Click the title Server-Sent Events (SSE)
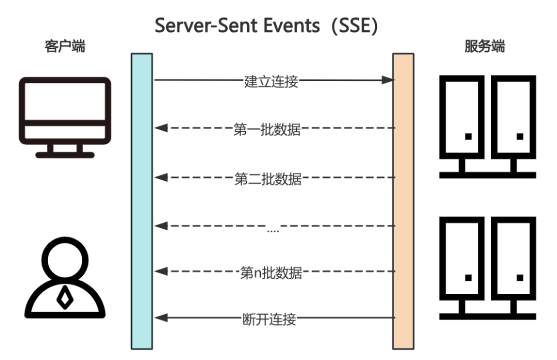(267, 26)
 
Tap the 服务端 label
(484, 47)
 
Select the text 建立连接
(271, 81)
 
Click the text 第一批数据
(267, 129)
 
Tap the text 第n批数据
(271, 272)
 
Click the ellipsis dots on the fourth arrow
(273, 230)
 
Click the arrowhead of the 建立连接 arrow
(388, 80)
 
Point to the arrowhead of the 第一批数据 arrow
(160, 128)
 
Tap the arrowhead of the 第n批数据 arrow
(160, 271)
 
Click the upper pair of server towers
(487, 126)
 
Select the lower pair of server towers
(487, 268)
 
